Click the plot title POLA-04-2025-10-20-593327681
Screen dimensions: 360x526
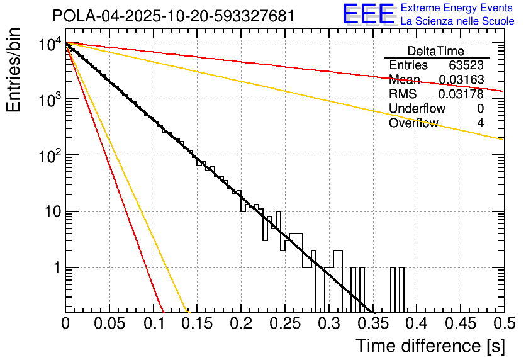point(173,16)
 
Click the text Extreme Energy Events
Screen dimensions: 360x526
point(457,8)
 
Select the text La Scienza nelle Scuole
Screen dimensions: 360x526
point(457,21)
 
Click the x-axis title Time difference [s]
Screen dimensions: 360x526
point(430,346)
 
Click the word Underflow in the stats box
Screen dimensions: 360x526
point(417,109)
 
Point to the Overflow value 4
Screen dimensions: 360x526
point(480,123)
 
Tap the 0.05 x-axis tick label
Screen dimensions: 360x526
point(109,325)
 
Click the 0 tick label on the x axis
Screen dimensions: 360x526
point(65,325)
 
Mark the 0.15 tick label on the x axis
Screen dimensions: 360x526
point(197,325)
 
